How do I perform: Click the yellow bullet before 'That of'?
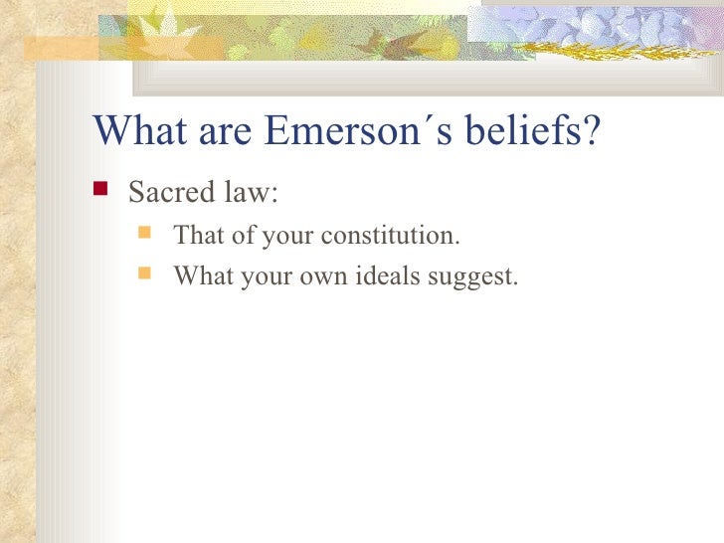pyautogui.click(x=146, y=236)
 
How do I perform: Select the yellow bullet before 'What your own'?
pyautogui.click(x=146, y=273)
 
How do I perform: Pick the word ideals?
pyautogui.click(x=389, y=275)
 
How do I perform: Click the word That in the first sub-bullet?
pyautogui.click(x=196, y=237)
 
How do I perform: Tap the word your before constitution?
pyautogui.click(x=288, y=238)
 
